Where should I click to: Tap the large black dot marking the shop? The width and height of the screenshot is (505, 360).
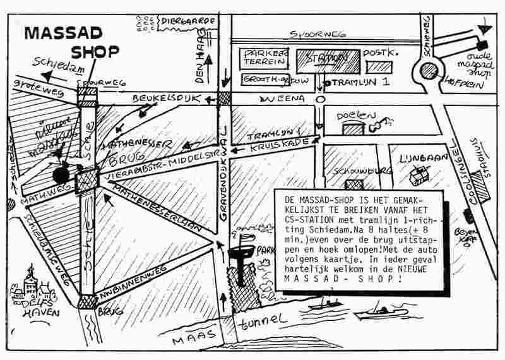pyautogui.click(x=61, y=174)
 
